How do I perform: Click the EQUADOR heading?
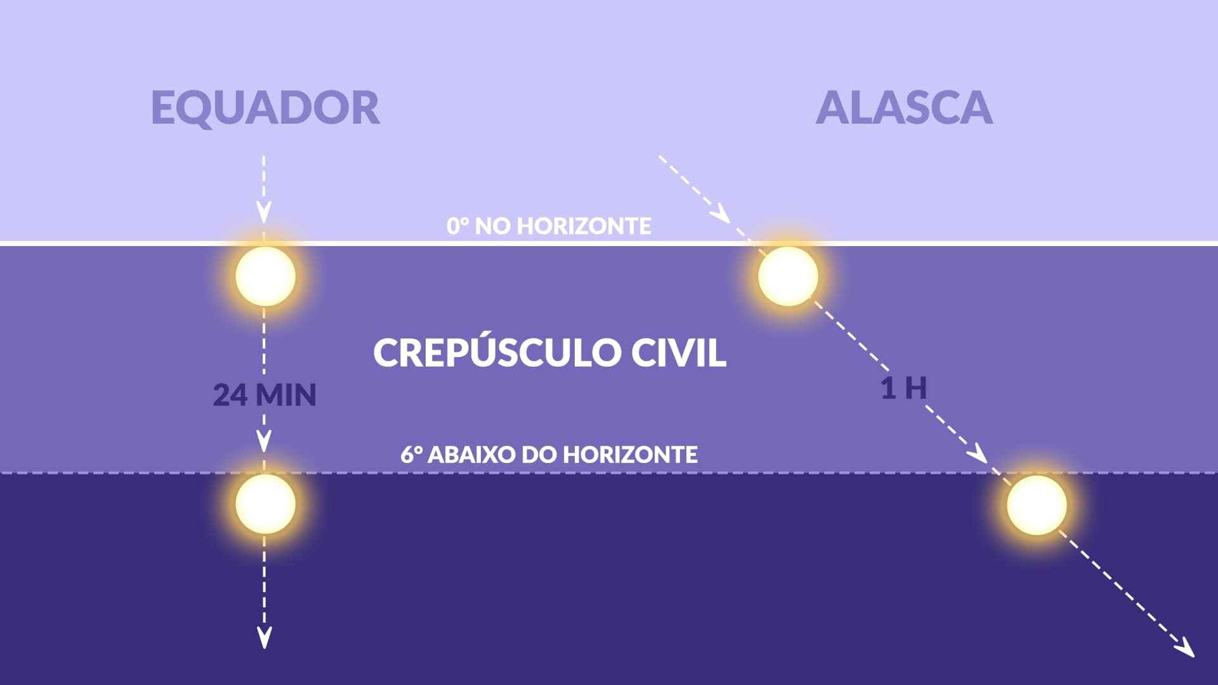pyautogui.click(x=265, y=108)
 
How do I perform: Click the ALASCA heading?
pyautogui.click(x=904, y=108)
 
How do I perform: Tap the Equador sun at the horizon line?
pyautogui.click(x=265, y=276)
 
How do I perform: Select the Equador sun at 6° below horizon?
pyautogui.click(x=265, y=504)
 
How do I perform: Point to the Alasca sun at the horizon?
pyautogui.click(x=788, y=276)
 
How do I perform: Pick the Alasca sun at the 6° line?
pyautogui.click(x=1037, y=505)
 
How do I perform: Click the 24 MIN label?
pyautogui.click(x=265, y=395)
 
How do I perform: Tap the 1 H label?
pyautogui.click(x=903, y=388)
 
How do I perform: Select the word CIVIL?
pyautogui.click(x=678, y=352)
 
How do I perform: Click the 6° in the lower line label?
pyautogui.click(x=411, y=454)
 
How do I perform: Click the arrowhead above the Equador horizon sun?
pyautogui.click(x=264, y=212)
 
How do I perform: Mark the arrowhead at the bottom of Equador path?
pyautogui.click(x=264, y=637)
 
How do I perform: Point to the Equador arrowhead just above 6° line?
pyautogui.click(x=264, y=440)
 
